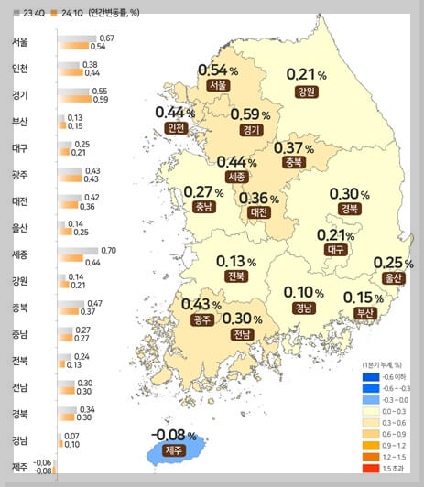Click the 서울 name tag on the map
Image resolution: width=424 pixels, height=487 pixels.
pos(217,85)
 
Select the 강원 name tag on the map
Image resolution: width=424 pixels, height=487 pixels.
pos(306,92)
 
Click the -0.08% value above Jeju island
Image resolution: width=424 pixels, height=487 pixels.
pos(173,433)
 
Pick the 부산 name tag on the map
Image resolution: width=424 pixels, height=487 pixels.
pos(364,312)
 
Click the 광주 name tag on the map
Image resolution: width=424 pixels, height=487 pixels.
pos(201,319)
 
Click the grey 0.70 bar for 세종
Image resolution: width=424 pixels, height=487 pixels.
pos(78,250)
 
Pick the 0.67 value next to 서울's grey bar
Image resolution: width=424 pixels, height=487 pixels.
pos(106,38)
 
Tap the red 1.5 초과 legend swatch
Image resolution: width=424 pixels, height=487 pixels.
pos(371,468)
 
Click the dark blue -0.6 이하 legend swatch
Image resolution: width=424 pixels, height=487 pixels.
pos(371,376)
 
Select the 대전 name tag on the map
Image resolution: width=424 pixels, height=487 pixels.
pos(258,212)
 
